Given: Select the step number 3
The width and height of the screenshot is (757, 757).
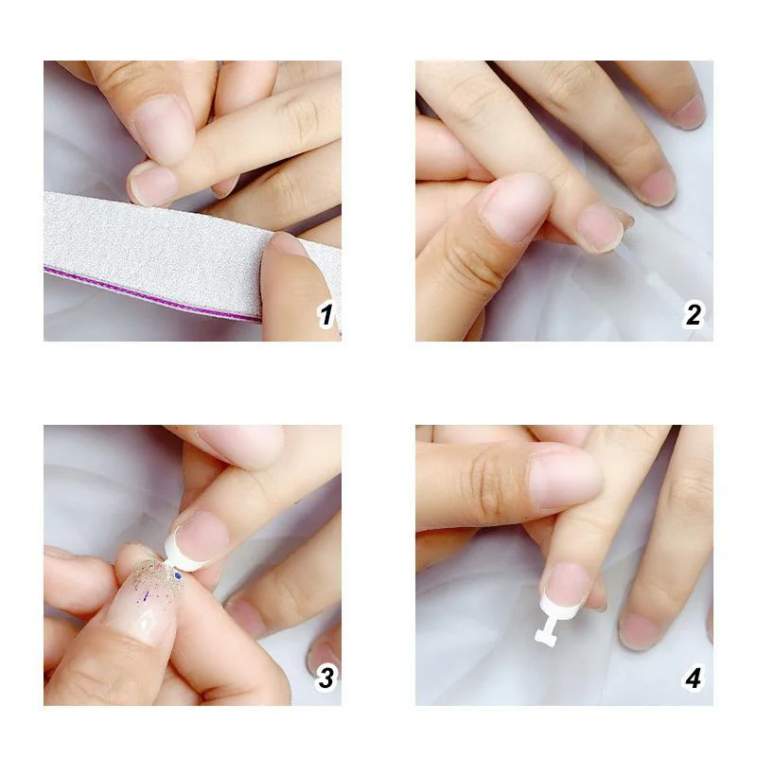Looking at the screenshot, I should pyautogui.click(x=326, y=678).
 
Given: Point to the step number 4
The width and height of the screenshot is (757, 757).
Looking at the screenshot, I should pyautogui.click(x=694, y=678).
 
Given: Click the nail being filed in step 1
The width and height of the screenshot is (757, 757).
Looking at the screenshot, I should pyautogui.click(x=153, y=185).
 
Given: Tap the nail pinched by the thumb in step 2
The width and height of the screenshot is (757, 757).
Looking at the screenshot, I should pyautogui.click(x=600, y=227).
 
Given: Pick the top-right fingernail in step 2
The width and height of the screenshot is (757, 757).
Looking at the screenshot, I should pyautogui.click(x=688, y=111).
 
